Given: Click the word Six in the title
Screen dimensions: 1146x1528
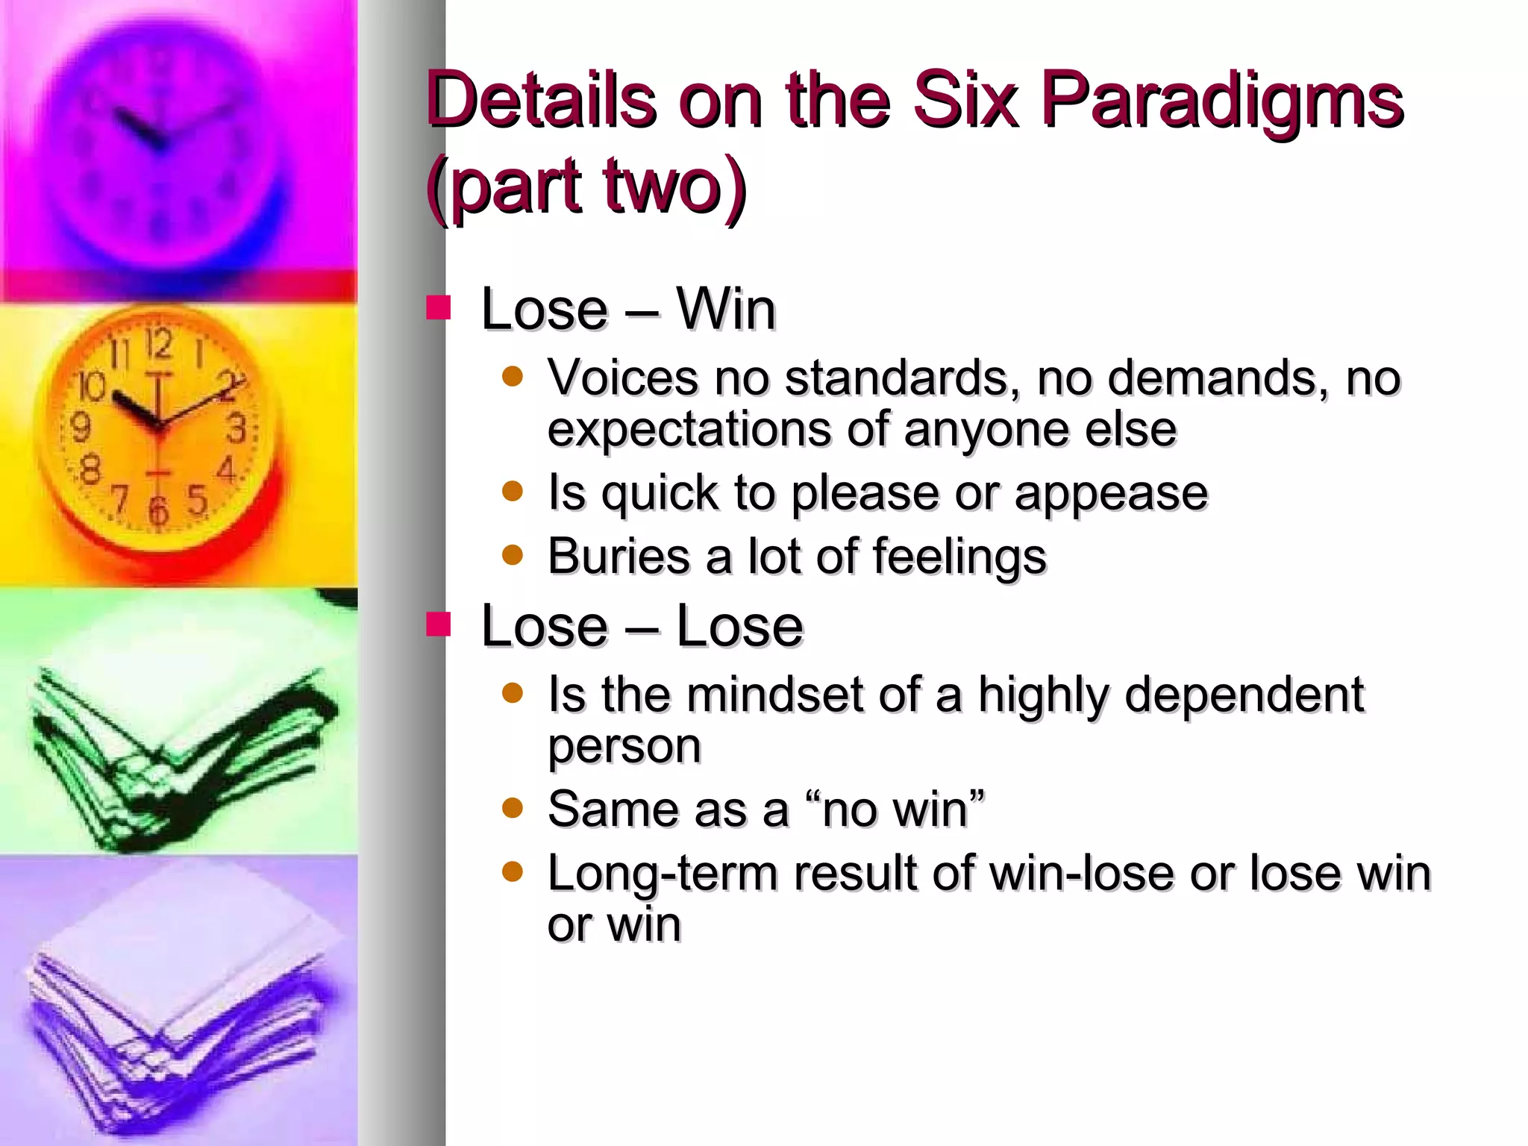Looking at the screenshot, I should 965,99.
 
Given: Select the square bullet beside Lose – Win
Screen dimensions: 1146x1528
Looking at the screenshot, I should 439,307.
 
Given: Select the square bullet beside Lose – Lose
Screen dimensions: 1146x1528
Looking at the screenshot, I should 439,624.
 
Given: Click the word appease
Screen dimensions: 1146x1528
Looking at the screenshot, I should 1111,494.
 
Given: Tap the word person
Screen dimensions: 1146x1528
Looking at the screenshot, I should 624,746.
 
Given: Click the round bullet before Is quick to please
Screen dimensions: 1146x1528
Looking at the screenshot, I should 513,491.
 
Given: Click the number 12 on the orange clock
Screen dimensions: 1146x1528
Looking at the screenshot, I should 159,345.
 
